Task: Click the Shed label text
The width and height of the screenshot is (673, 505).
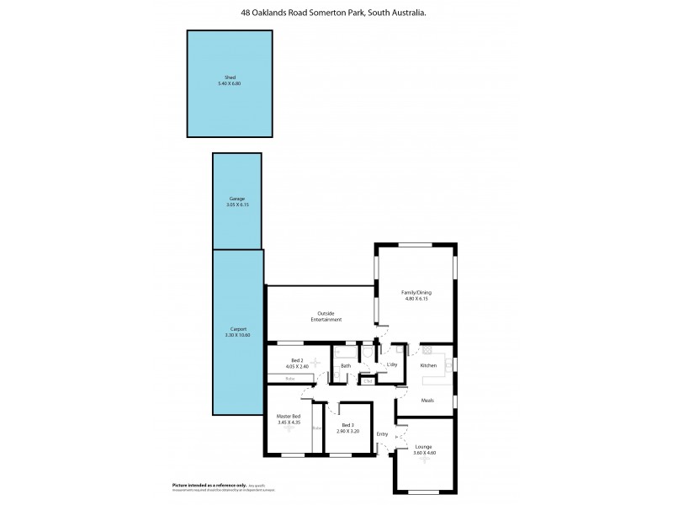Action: click(x=230, y=77)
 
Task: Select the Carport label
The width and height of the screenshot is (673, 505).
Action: click(x=237, y=328)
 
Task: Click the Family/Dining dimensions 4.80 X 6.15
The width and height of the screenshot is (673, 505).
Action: click(x=416, y=299)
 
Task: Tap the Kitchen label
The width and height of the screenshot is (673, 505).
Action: click(x=428, y=365)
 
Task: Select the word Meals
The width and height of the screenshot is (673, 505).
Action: click(x=427, y=401)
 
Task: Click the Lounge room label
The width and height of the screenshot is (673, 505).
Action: click(x=424, y=446)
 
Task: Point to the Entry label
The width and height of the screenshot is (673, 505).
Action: click(x=383, y=434)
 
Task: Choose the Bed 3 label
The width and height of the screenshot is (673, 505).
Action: click(x=348, y=424)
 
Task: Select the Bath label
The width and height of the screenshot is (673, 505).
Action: click(x=346, y=365)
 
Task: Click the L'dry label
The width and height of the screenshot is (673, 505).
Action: click(x=391, y=364)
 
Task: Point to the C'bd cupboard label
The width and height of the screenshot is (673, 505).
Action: click(x=367, y=381)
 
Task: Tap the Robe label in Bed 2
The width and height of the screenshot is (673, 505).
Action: click(x=289, y=379)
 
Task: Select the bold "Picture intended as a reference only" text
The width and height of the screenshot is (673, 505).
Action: click(x=209, y=486)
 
